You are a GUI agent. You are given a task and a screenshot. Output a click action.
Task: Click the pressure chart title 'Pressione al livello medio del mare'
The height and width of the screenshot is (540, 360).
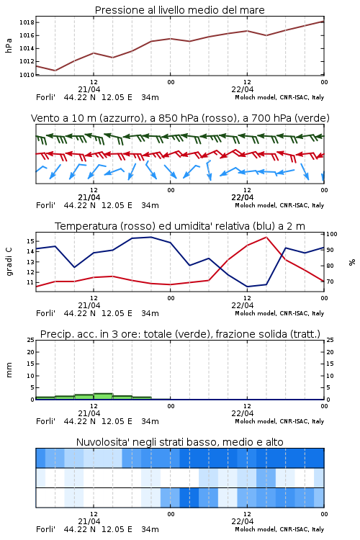click(x=179, y=10)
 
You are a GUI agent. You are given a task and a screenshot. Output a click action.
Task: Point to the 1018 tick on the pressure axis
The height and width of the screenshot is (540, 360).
click(x=27, y=23)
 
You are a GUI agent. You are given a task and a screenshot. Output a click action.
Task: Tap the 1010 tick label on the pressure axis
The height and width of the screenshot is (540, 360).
click(x=27, y=75)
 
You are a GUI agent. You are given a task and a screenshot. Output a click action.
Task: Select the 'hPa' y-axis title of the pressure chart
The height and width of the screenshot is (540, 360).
click(x=9, y=46)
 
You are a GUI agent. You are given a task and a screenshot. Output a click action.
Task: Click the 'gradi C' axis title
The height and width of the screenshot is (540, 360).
click(x=9, y=261)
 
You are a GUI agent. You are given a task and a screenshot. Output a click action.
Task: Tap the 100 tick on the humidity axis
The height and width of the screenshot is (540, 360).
click(x=332, y=234)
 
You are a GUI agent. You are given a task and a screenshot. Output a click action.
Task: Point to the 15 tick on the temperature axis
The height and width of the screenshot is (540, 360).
click(x=30, y=241)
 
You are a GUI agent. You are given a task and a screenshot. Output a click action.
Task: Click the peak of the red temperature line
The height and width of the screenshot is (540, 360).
click(x=266, y=237)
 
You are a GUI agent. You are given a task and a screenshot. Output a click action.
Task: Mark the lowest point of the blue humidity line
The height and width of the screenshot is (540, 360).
click(x=247, y=287)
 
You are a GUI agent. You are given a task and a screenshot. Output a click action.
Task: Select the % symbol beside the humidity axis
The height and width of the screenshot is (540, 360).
click(x=352, y=262)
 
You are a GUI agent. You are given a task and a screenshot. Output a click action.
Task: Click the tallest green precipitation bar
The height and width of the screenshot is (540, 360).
click(x=103, y=397)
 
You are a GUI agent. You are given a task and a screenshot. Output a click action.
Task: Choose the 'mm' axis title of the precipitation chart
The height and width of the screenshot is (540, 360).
click(x=9, y=370)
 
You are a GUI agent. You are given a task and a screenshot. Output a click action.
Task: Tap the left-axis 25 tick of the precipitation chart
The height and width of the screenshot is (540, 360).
click(x=31, y=340)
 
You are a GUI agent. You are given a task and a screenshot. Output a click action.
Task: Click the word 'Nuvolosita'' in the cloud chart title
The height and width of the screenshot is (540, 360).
click(x=102, y=442)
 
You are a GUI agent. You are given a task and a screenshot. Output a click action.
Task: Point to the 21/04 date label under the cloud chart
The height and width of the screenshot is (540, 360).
click(x=89, y=521)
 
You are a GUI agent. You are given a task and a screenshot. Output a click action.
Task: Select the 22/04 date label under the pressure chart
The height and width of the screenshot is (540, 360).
click(x=243, y=89)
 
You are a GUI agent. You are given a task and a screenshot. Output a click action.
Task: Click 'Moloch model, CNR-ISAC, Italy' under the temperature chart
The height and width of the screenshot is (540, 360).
click(x=279, y=313)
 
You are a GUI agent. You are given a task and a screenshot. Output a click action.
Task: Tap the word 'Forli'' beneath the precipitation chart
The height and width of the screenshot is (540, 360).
click(x=45, y=421)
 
